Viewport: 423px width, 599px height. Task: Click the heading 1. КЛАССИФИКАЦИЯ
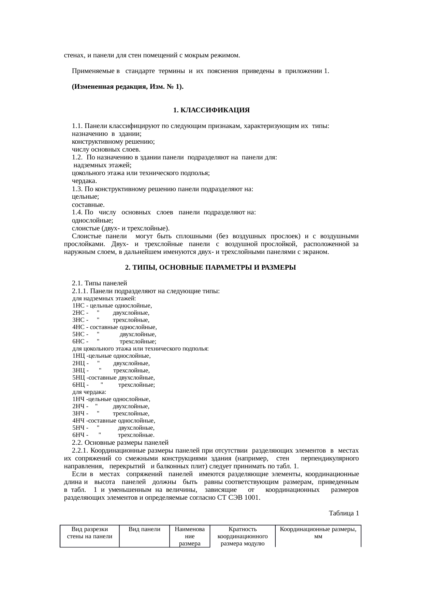(x=211, y=110)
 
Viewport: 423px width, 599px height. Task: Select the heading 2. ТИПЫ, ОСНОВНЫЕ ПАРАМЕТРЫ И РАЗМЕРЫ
(x=210, y=268)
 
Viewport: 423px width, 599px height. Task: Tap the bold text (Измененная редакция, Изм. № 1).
(x=128, y=87)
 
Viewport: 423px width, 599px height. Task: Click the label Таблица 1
(x=344, y=513)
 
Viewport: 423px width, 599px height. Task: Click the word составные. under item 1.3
(x=88, y=205)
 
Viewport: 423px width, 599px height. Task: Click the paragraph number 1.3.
(x=77, y=189)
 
